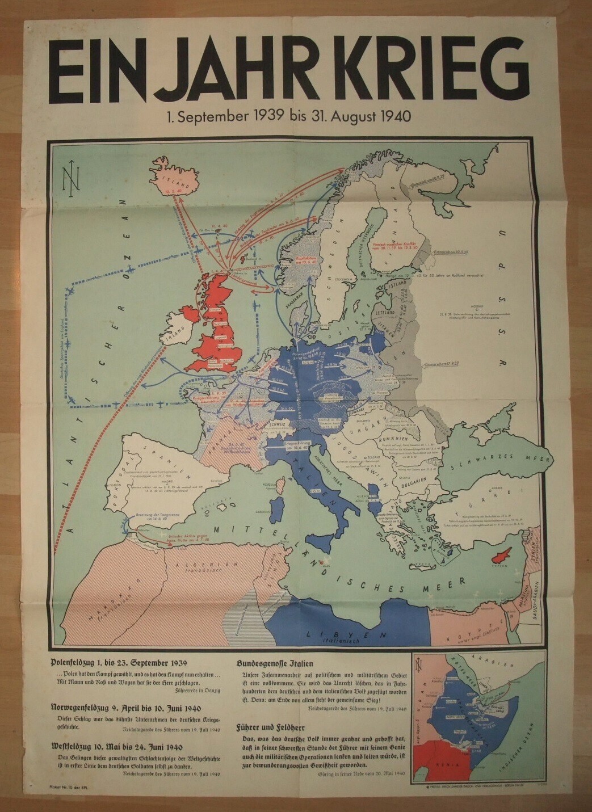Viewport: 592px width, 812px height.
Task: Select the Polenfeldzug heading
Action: [x=118, y=662]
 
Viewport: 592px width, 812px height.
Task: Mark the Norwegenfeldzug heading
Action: [x=125, y=708]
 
